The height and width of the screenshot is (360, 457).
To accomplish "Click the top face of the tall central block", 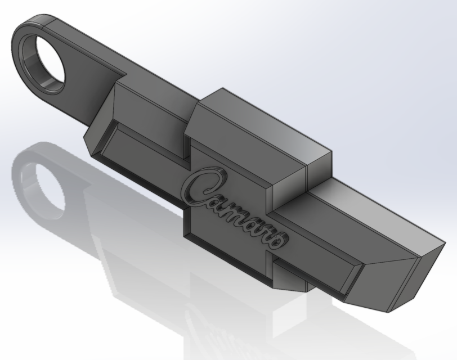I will coord(265,124).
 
